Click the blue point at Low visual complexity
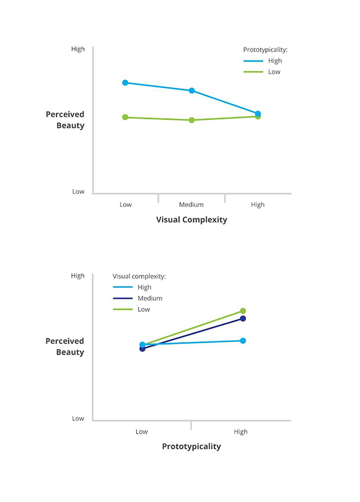125,82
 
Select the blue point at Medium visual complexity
192,91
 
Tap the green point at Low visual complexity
125,117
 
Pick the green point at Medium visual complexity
192,120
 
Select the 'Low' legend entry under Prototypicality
274,72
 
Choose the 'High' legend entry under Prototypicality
275,61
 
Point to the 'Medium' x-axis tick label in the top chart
191,205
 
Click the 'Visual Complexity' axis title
191,220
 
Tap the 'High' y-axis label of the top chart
78,49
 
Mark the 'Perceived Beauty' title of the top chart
65,120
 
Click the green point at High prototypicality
243,311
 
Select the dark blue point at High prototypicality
243,318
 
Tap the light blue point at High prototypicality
243,341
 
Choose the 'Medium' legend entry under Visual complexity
149,298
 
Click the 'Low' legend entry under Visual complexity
143,309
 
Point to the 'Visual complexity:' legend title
139,276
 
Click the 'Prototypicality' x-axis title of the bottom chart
191,446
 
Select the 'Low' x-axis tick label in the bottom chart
142,431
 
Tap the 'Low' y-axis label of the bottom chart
78,419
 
